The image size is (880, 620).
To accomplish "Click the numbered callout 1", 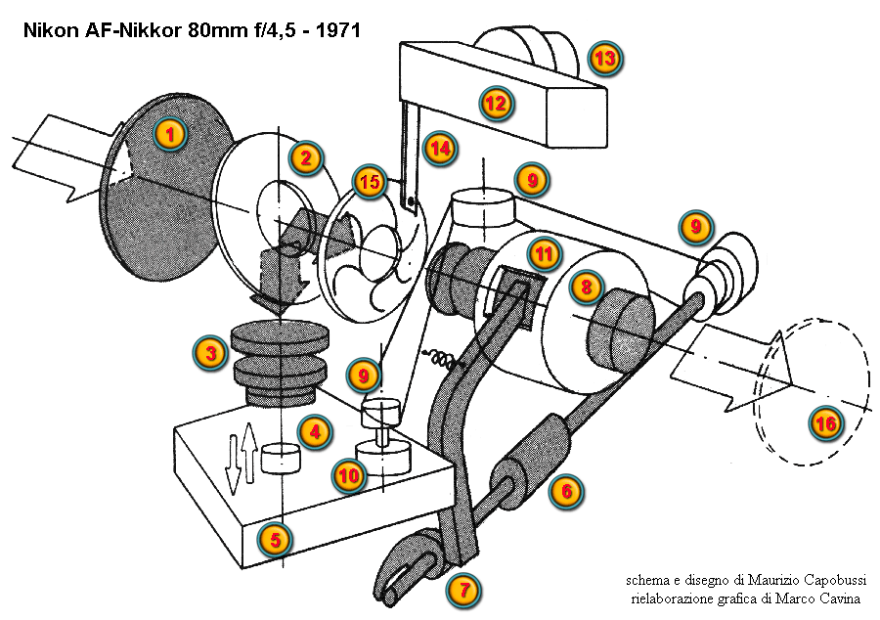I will click(170, 134).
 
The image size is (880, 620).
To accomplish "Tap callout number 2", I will click(305, 157).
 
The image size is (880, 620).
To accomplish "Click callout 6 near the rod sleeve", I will click(564, 491).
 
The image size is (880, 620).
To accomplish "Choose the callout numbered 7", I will click(463, 590).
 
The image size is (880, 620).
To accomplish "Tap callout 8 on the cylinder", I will click(586, 287).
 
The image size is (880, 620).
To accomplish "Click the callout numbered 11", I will click(544, 253).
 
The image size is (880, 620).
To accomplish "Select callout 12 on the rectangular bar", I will click(497, 102).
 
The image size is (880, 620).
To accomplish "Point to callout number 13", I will click(604, 59).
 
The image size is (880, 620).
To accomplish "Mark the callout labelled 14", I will click(440, 149).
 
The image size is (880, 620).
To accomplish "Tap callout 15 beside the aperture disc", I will click(369, 181).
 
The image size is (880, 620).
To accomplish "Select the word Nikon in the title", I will click(48, 30).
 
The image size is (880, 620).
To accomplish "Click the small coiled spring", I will click(438, 360).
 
